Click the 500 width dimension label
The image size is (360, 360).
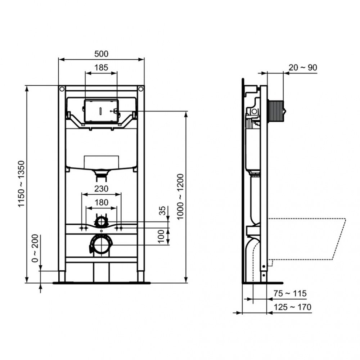pyautogui.click(x=101, y=54)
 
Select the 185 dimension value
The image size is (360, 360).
pyautogui.click(x=101, y=67)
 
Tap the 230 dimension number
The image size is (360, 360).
pyautogui.click(x=101, y=189)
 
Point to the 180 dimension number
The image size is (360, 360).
pyautogui.click(x=101, y=202)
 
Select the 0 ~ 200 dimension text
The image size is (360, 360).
pyautogui.click(x=35, y=249)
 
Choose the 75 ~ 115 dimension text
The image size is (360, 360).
pyautogui.click(x=289, y=294)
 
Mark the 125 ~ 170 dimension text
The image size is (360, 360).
pyautogui.click(x=292, y=307)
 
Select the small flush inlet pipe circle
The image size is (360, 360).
pyautogui.click(x=102, y=220)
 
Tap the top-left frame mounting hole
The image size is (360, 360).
pyautogui.click(x=62, y=89)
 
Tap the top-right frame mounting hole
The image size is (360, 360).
pyautogui.click(x=141, y=89)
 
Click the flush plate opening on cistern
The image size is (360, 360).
pyautogui.click(x=101, y=111)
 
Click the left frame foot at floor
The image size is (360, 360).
pyautogui.click(x=62, y=276)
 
